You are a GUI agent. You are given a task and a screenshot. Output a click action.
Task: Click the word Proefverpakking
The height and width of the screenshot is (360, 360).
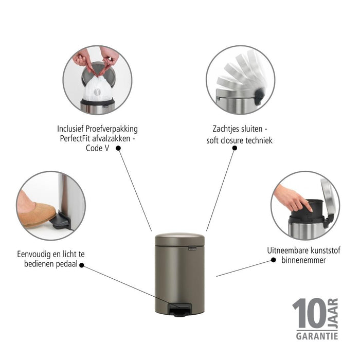coord(112,129)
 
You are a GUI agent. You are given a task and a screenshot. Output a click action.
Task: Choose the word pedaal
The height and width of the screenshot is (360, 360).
coord(67,264)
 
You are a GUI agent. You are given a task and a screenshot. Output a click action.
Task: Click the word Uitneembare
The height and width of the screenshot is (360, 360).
coord(286,250)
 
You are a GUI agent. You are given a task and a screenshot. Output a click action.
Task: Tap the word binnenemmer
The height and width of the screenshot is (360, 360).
coord(303,260)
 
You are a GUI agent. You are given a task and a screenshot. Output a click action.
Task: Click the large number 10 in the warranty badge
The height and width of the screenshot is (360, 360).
coord(309,313)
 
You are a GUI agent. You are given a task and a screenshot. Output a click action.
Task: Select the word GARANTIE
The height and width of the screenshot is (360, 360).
coord(317,336)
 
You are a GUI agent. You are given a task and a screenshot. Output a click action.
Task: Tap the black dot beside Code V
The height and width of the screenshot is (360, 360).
coord(118,148)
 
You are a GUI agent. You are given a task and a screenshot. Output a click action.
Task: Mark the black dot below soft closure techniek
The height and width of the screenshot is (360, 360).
coord(235,148)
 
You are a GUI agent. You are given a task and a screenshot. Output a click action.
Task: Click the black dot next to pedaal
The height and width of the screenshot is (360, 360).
coord(82,265)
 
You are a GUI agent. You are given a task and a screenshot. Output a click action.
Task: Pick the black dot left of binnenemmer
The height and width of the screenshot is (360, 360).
coord(274,260)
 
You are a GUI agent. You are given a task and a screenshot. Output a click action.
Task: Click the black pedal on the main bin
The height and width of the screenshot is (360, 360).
coord(180,310)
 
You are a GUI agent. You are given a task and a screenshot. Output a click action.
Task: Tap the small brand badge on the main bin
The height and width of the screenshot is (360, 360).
coord(192,248)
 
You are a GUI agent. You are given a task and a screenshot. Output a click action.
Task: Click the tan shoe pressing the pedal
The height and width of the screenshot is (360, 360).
coord(37,214)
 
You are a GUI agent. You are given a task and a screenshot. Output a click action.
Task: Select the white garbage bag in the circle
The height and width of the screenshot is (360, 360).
coord(98,89)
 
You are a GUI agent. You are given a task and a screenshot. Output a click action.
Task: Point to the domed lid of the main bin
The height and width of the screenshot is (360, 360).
coord(180,239)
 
